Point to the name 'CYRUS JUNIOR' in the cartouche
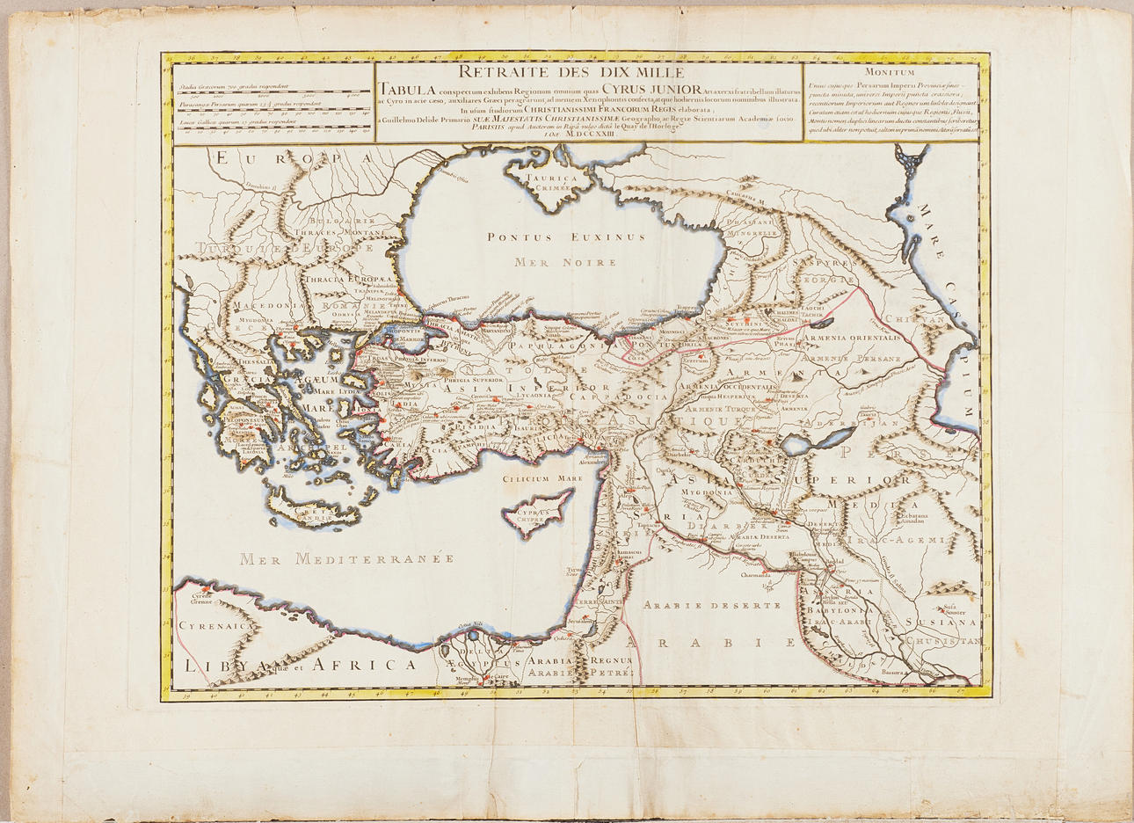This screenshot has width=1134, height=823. [651, 89]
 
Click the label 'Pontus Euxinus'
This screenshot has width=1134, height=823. [566, 237]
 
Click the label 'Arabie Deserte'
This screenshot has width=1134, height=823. [711, 605]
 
